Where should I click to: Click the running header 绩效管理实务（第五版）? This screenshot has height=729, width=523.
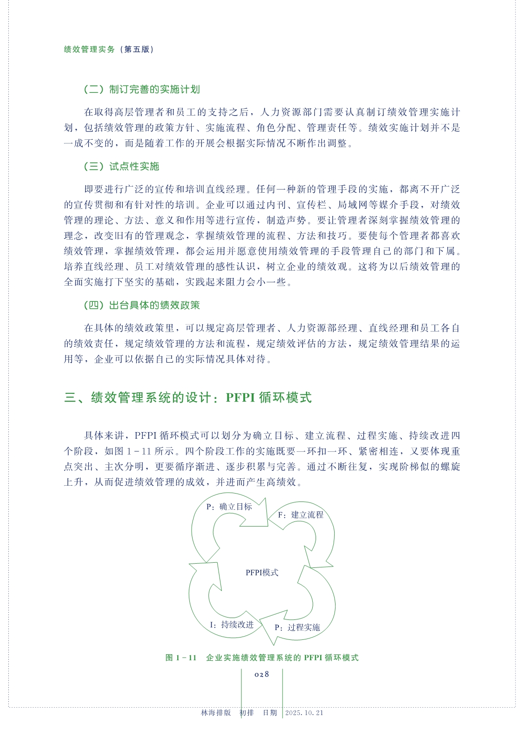(109, 49)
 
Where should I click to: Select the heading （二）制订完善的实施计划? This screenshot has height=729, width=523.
(142, 89)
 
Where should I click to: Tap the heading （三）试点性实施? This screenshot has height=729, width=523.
(121, 166)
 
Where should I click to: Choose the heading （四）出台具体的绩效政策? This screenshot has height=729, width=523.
(142, 305)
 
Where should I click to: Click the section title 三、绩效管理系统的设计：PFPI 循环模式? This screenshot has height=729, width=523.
(187, 397)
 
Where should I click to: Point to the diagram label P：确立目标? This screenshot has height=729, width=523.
(229, 507)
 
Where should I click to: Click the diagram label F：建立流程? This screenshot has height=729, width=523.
(300, 514)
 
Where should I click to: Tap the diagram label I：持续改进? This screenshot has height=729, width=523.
(232, 625)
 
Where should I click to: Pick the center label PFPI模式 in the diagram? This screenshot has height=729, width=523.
(262, 573)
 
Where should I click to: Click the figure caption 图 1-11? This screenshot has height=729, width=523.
(181, 657)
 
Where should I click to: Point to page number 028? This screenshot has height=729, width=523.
(262, 674)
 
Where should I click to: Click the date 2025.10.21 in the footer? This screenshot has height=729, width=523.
(304, 713)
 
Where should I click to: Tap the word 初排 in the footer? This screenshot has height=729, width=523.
(246, 713)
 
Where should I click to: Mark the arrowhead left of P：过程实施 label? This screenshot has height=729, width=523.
(268, 627)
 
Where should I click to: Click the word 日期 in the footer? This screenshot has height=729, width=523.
(270, 713)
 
